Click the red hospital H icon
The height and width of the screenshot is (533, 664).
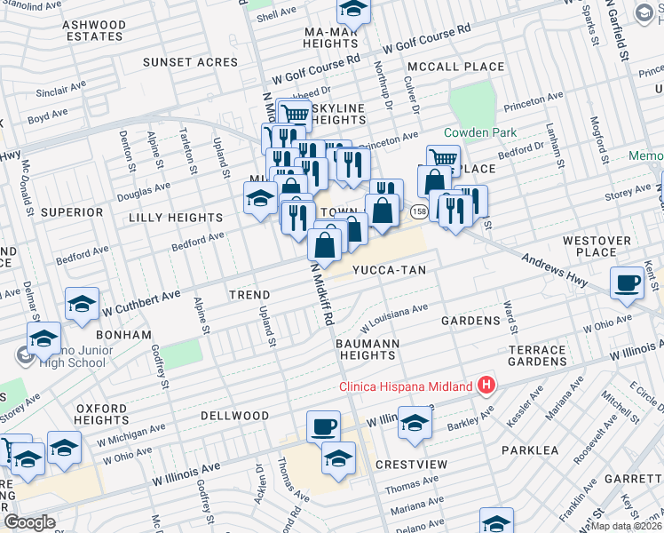[486, 386]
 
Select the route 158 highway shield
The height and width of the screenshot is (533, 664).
[418, 211]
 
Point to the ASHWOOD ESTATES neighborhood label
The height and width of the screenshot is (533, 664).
[94, 30]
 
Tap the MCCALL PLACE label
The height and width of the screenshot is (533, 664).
[455, 67]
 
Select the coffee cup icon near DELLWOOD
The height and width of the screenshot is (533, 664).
[324, 426]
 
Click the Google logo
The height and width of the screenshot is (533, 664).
[30, 522]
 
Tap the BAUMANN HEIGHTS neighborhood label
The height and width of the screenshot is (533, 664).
[368, 349]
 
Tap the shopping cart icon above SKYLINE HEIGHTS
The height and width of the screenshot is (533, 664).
[294, 113]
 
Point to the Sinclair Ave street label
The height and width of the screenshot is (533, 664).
[60, 91]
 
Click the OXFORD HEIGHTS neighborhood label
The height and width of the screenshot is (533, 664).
[102, 414]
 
